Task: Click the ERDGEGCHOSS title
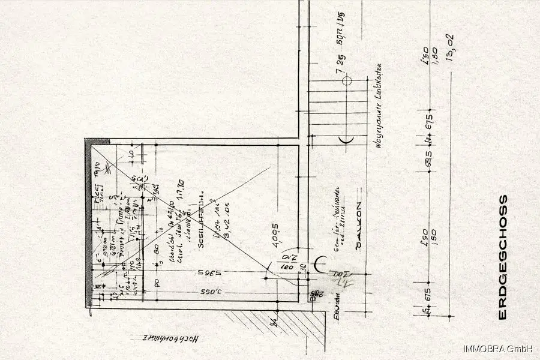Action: (503, 257)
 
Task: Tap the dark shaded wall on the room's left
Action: (88, 222)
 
